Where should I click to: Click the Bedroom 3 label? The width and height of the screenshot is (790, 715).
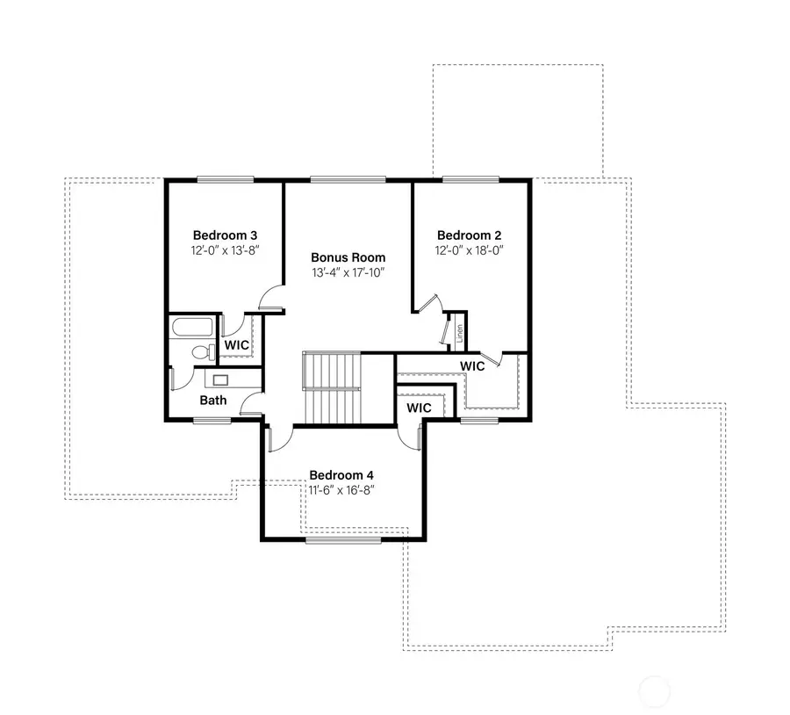coord(225,235)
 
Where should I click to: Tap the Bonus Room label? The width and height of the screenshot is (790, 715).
coord(348,257)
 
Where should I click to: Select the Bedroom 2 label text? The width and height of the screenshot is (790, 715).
coord(469,235)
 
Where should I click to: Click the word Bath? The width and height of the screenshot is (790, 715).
coord(212,400)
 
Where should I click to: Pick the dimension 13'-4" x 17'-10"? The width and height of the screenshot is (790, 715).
coord(348,272)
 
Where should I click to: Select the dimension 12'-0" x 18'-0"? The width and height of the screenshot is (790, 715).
coord(469,250)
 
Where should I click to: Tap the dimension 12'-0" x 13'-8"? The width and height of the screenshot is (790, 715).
coord(225,250)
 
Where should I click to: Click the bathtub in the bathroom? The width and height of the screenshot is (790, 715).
coord(191,328)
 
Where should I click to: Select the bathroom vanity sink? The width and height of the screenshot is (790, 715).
coord(219,379)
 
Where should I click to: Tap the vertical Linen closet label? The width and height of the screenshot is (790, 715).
coord(458,334)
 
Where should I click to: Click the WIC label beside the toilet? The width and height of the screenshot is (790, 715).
coord(236,345)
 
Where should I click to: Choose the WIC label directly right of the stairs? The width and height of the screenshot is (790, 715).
coord(418,408)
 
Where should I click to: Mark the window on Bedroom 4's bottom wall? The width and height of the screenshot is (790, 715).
coord(343,539)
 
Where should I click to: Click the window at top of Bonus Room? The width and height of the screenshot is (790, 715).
coord(348,180)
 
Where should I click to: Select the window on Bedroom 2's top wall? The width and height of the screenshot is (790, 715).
coord(471,180)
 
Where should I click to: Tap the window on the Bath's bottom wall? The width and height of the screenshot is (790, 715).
coord(212,421)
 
